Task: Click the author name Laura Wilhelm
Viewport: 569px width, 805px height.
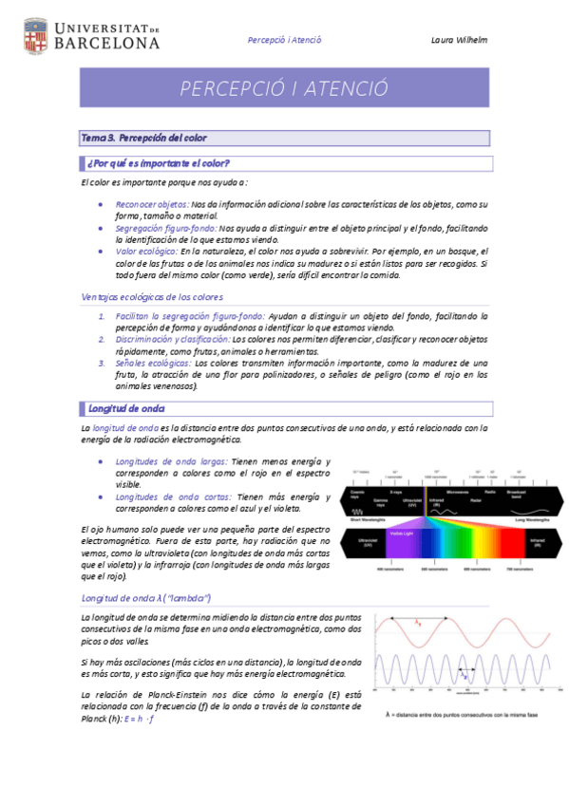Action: [458, 40]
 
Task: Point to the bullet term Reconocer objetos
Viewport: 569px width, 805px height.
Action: [151, 204]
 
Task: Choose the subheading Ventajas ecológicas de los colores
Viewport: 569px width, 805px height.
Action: [153, 297]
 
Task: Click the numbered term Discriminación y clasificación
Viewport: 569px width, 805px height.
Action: [172, 339]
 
